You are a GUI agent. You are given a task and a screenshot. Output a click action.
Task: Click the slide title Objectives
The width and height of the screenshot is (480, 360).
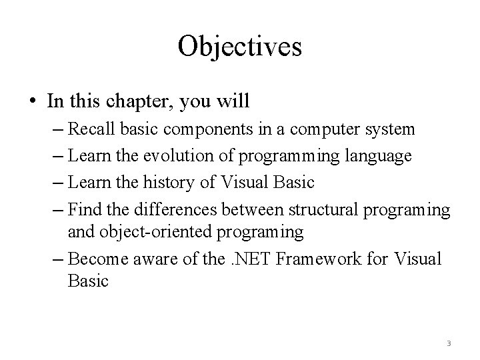[x=240, y=47]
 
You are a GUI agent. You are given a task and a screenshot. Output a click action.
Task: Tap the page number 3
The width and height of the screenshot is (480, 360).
[x=449, y=343]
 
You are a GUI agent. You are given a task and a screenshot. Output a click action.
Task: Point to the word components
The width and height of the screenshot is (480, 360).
[x=199, y=128]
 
